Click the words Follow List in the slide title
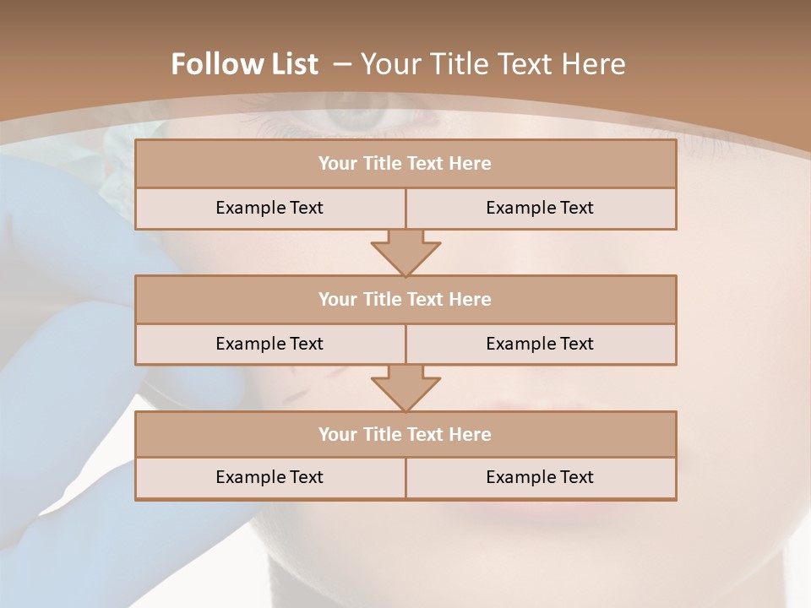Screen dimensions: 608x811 pyautogui.click(x=244, y=64)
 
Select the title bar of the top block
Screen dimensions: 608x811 pyautogui.click(x=405, y=164)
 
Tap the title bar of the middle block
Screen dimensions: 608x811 pyautogui.click(x=405, y=299)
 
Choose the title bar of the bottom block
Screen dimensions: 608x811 pyautogui.click(x=405, y=434)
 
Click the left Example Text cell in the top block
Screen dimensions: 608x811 pyautogui.click(x=270, y=208)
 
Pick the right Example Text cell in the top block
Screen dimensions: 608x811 pyautogui.click(x=541, y=208)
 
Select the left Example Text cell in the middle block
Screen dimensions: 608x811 pyautogui.click(x=270, y=344)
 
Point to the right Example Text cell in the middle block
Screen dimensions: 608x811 pyautogui.click(x=541, y=344)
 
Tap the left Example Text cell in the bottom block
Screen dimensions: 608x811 pyautogui.click(x=270, y=477)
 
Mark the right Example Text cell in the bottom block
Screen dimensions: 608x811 pyautogui.click(x=541, y=477)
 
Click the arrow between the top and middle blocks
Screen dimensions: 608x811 pyautogui.click(x=405, y=252)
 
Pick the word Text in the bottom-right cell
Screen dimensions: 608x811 pyautogui.click(x=576, y=477)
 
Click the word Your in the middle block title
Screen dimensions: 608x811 pyautogui.click(x=337, y=299)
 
